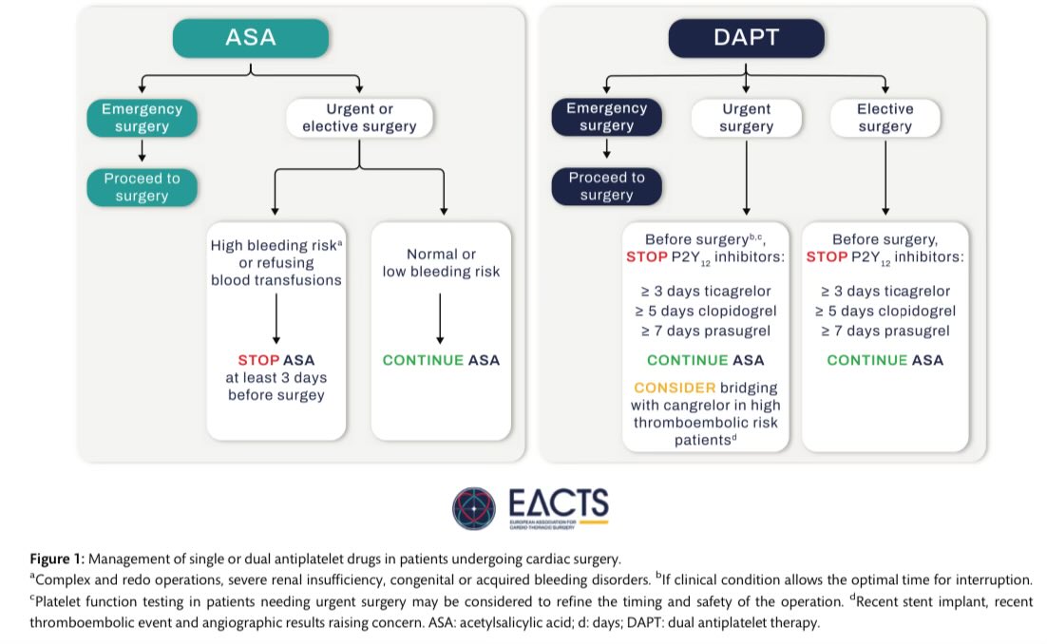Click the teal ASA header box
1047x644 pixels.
coord(250,38)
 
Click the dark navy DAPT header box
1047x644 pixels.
coord(746,38)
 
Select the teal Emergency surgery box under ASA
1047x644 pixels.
coord(142,118)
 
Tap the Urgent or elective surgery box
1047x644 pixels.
coord(360,118)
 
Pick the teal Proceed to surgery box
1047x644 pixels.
coord(142,187)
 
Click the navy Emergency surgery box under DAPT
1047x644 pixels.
coord(606,117)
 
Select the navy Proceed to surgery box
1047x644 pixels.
coord(606,186)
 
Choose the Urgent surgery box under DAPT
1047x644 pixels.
coord(746,117)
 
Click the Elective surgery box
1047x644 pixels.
coord(885,117)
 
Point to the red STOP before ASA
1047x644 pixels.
coord(257,361)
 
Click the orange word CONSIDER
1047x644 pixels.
coord(674,388)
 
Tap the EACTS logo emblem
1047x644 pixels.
coord(474,508)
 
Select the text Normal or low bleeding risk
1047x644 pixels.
coord(442,263)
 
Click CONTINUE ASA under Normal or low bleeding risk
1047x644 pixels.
coord(441,361)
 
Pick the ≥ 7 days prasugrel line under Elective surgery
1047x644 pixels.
coord(885,330)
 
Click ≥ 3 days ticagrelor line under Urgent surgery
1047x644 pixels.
coord(705,291)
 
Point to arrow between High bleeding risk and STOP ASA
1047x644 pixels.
coord(276,318)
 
